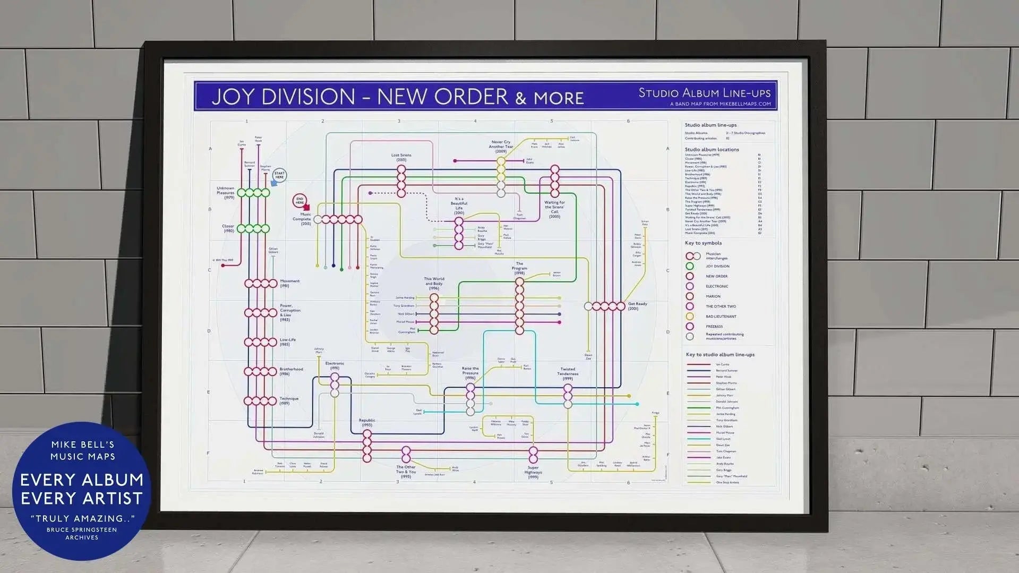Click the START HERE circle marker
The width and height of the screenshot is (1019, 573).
tap(279, 175)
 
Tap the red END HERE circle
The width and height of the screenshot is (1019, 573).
tap(299, 201)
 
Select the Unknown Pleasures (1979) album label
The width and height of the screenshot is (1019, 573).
tap(226, 193)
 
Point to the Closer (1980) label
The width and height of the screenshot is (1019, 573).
tap(228, 228)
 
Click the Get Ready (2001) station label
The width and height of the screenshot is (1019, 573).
tap(637, 306)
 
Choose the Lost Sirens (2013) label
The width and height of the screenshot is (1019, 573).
tap(401, 157)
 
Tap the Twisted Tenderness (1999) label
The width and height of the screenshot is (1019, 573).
tap(568, 373)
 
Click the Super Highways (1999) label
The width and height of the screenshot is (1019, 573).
tap(533, 472)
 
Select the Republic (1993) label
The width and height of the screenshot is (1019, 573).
tap(367, 423)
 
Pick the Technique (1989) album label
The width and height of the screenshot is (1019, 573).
tap(288, 400)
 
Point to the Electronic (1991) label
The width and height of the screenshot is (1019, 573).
tap(335, 365)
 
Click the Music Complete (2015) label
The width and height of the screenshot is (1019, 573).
tap(302, 219)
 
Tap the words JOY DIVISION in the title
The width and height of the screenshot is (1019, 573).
tap(283, 97)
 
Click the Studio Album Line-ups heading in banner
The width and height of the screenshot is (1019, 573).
tap(704, 93)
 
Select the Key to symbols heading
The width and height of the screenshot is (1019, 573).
tap(703, 243)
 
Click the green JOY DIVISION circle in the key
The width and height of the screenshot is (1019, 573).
tap(689, 266)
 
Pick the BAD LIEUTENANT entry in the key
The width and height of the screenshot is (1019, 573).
tap(721, 317)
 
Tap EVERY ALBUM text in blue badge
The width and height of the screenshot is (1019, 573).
tap(82, 480)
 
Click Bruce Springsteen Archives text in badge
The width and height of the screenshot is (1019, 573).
tap(82, 533)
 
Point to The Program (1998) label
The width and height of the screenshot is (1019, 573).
tap(519, 268)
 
